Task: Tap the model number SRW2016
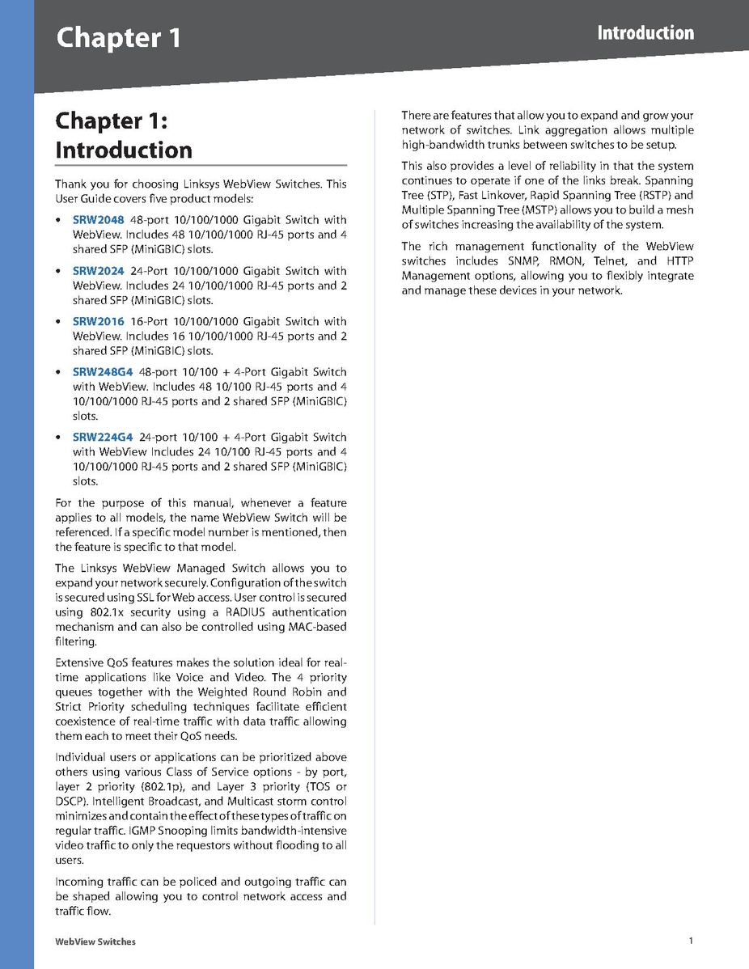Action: point(98,321)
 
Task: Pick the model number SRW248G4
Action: point(102,372)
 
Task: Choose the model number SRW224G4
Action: point(102,438)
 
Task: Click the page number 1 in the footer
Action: point(691,941)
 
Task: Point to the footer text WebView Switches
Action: point(95,941)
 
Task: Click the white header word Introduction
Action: point(645,33)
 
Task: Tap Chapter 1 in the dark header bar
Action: point(118,38)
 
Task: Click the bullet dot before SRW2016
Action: point(57,322)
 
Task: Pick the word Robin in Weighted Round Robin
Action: point(292,692)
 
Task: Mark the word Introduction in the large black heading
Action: point(123,150)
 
